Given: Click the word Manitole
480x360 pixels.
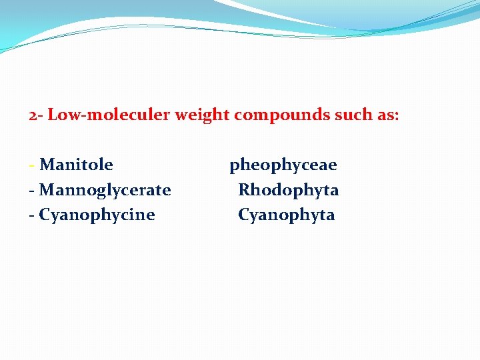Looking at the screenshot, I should (76, 165).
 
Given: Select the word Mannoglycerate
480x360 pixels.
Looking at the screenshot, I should (105, 190).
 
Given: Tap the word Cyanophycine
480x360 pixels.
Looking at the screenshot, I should (97, 215).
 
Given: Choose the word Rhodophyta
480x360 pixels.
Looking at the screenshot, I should (288, 190).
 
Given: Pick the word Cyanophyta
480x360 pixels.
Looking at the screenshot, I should (286, 215).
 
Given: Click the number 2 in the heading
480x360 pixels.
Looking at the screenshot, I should (33, 115).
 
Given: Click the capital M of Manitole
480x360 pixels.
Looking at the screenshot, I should (47, 165).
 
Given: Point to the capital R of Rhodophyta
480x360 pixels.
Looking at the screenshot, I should (245, 190).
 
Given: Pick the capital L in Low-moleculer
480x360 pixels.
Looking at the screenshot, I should (53, 115).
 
